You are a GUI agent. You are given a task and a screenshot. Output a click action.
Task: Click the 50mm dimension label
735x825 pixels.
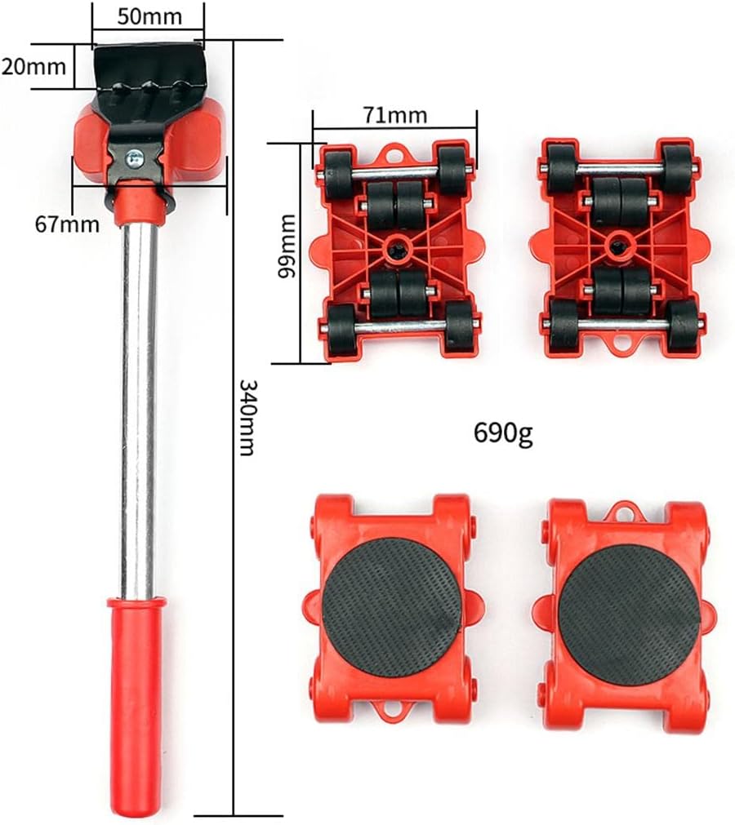tap(148, 15)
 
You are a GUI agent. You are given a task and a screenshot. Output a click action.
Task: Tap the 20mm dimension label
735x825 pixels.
tap(34, 66)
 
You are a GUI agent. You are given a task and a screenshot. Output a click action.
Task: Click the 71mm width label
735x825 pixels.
tap(396, 114)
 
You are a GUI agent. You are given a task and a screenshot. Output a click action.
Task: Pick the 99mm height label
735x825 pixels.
tap(286, 245)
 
